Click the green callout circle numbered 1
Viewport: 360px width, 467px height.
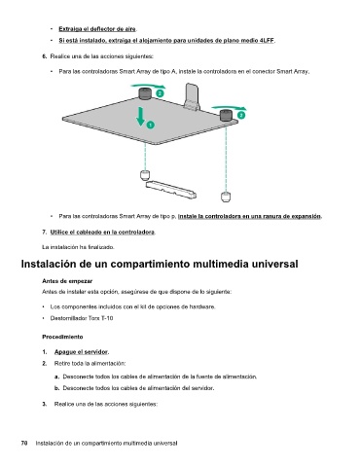(x=150, y=125)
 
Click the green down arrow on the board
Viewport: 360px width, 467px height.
(x=141, y=116)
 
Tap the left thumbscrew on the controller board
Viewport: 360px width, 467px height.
(x=145, y=93)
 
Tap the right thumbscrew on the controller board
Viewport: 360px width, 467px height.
(x=226, y=115)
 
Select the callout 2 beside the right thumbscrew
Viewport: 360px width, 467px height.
(x=241, y=115)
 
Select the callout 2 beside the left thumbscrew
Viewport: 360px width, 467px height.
(x=160, y=93)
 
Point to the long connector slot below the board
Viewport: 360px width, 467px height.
(x=171, y=190)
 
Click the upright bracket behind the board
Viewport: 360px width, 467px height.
(x=193, y=96)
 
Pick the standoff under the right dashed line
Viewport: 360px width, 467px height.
(x=226, y=197)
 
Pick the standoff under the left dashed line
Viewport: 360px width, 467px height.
(x=145, y=175)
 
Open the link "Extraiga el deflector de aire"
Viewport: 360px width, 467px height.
(x=97, y=29)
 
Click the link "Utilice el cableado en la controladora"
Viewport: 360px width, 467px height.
(x=102, y=233)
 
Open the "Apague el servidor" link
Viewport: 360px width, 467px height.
(x=81, y=352)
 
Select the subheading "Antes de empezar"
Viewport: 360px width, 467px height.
(x=67, y=281)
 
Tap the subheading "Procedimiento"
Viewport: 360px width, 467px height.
(x=62, y=337)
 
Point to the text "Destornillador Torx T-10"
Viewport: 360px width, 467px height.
(x=82, y=318)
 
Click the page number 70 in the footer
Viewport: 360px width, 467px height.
(x=24, y=443)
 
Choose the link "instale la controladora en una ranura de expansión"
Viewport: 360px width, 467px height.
(x=250, y=216)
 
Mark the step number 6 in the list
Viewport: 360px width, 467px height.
(x=44, y=56)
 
